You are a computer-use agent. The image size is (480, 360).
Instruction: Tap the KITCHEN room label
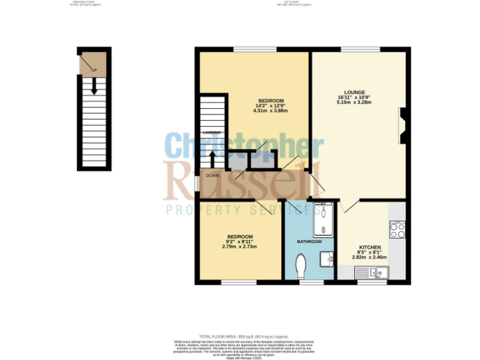pyautogui.click(x=369, y=247)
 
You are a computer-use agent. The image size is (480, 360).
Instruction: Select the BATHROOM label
pyautogui.click(x=309, y=242)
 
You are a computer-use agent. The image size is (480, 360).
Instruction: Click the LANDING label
pyautogui.click(x=212, y=132)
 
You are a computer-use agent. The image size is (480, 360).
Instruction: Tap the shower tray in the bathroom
pyautogui.click(x=323, y=219)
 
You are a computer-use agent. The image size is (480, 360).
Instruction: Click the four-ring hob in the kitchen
pyautogui.click(x=397, y=229)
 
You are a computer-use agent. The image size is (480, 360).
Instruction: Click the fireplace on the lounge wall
pyautogui.click(x=402, y=125)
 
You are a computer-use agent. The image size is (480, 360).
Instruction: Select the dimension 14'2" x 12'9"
pyautogui.click(x=271, y=106)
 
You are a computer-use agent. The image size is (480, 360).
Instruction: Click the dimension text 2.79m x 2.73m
pyautogui.click(x=239, y=246)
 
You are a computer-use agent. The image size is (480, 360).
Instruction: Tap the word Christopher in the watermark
pyautogui.click(x=244, y=146)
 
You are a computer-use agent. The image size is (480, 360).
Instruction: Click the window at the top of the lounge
pyautogui.click(x=360, y=49)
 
